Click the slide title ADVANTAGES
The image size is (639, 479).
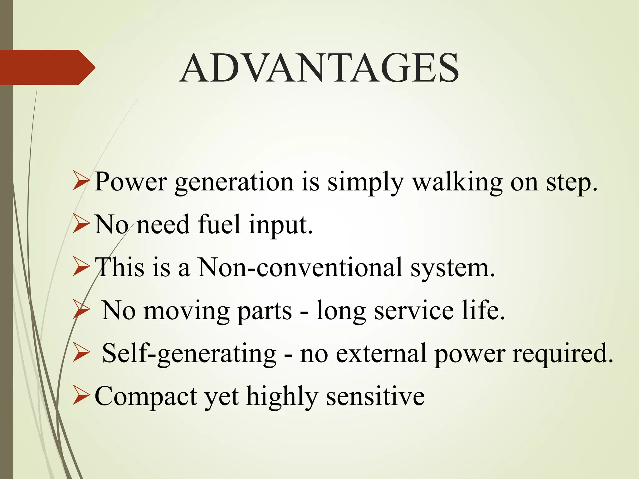click(x=319, y=68)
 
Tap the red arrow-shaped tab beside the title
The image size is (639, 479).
click(x=47, y=67)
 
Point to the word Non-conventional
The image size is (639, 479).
click(x=300, y=267)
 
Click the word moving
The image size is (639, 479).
click(x=186, y=311)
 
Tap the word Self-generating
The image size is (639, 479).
click(x=189, y=354)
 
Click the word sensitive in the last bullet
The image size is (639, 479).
click(x=375, y=396)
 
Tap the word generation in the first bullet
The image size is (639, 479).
click(x=234, y=182)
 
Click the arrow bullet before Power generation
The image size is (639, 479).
click(x=81, y=182)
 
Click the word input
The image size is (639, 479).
click(x=281, y=225)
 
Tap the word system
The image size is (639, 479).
click(x=452, y=268)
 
